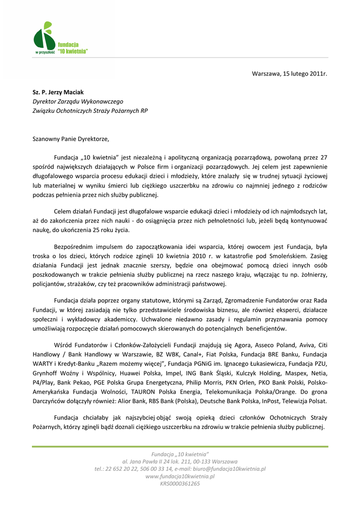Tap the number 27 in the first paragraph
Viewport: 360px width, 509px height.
(x=324, y=158)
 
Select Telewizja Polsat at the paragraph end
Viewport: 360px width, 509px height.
(x=306, y=401)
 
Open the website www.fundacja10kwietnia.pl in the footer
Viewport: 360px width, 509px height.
(x=180, y=476)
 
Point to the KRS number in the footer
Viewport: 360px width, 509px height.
(x=180, y=483)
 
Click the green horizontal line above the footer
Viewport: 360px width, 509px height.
(x=180, y=446)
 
